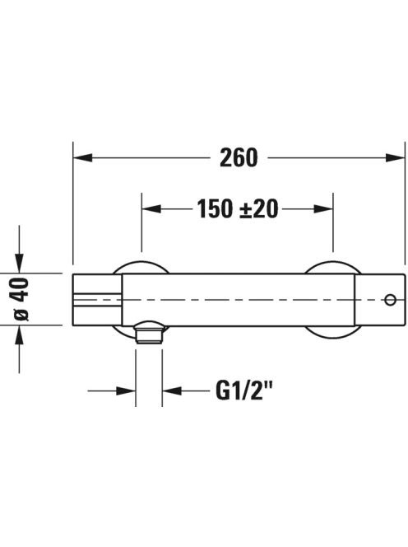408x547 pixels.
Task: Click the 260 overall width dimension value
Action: point(239,157)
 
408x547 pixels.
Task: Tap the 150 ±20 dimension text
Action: point(238,209)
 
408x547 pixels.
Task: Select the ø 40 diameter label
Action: point(21,299)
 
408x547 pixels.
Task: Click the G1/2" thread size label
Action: point(243,390)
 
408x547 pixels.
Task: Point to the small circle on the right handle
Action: point(390,300)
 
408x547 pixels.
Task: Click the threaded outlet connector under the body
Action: point(149,333)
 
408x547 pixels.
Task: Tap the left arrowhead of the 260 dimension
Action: point(83,157)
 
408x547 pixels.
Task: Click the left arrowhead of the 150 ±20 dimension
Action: point(151,209)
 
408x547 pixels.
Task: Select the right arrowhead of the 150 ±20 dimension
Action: point(323,209)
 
